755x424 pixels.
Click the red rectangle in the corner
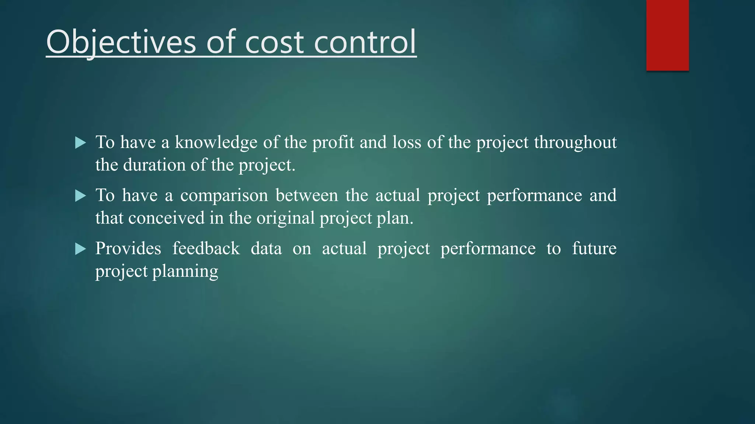[x=667, y=35]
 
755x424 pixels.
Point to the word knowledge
[x=216, y=143]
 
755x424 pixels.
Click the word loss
[x=407, y=143]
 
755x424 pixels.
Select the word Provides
[x=128, y=248]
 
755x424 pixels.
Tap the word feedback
[x=206, y=248]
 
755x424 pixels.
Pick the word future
[x=594, y=248]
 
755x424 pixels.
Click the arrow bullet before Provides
[x=80, y=249]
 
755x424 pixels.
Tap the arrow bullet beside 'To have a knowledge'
[x=80, y=143]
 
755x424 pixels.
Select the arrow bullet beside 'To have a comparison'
[x=80, y=196]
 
